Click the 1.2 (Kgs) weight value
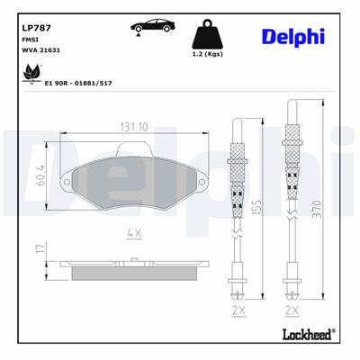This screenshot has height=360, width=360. (208, 56)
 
